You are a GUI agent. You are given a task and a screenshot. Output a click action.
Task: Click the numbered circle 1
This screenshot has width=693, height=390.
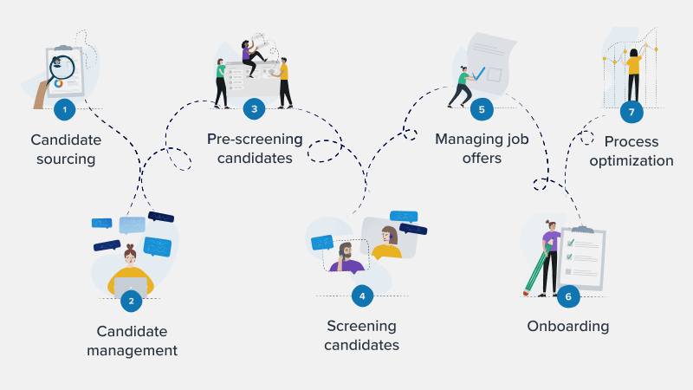(x=63, y=109)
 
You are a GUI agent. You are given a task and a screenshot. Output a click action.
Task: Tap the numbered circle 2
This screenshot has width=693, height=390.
(x=131, y=300)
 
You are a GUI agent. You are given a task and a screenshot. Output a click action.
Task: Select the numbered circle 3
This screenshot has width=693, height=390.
(x=254, y=109)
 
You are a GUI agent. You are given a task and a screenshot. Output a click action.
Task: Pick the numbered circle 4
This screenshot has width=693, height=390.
(x=362, y=296)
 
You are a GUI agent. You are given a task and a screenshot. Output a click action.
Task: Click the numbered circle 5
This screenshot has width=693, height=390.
(x=482, y=109)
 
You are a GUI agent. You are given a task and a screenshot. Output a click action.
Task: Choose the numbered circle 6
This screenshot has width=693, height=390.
(x=568, y=296)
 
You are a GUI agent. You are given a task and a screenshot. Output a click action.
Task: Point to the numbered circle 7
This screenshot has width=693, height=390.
(x=631, y=112)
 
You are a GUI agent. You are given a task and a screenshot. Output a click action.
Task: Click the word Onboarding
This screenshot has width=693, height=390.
(x=567, y=327)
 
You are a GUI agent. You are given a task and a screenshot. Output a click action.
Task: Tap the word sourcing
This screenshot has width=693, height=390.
(x=66, y=159)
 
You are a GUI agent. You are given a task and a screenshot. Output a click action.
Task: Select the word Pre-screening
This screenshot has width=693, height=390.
(x=255, y=139)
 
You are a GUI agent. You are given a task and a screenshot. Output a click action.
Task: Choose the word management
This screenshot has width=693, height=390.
(x=137, y=351)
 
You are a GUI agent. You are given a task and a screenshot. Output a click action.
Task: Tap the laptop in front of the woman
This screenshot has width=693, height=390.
(x=130, y=287)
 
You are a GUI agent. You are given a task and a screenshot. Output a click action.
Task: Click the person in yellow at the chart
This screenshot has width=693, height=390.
(x=633, y=72)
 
